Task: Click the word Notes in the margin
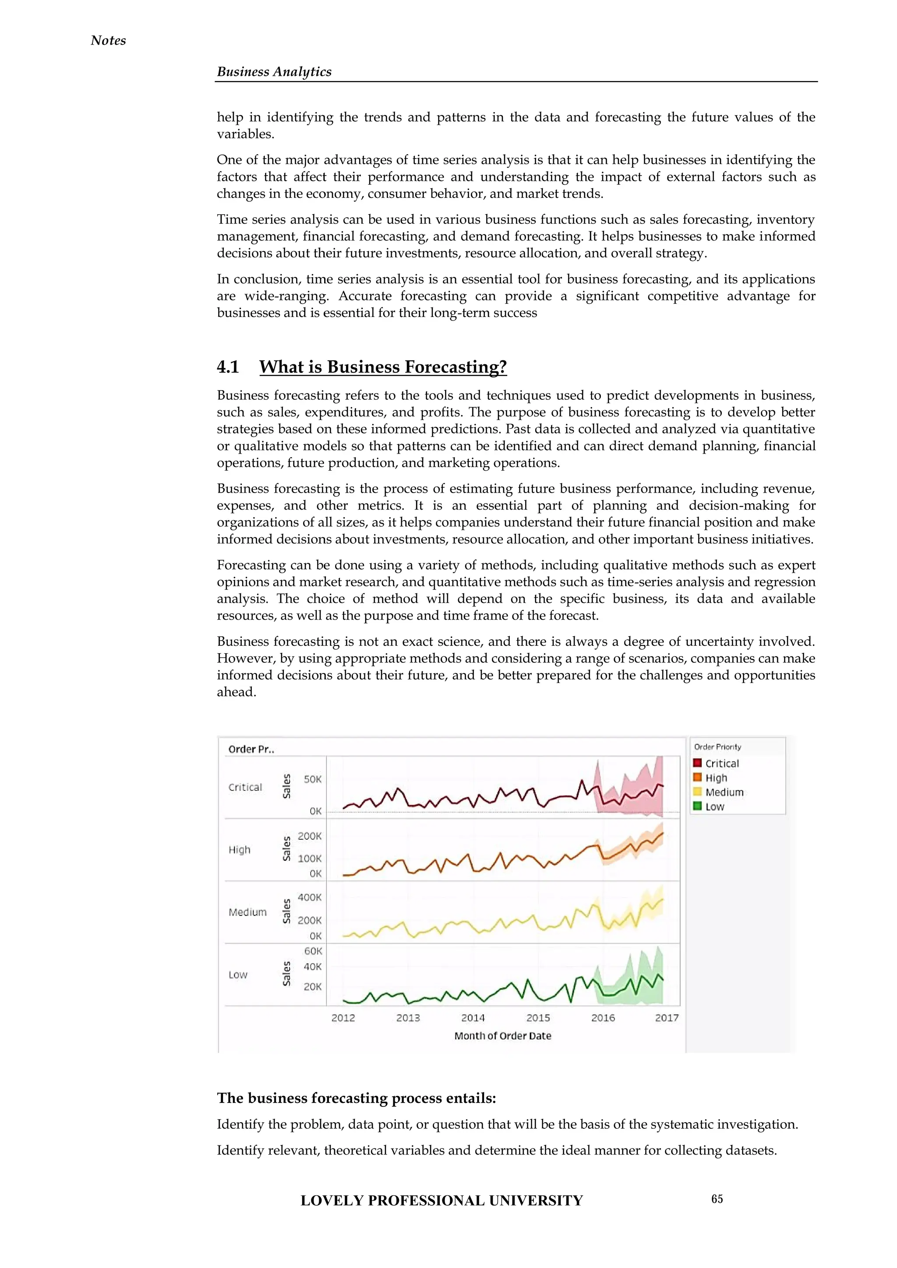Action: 108,40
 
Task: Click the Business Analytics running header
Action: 274,72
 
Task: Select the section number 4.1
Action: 228,367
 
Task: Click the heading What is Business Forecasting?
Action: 383,367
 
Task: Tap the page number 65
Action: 717,1199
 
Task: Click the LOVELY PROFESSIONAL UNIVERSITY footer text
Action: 441,1201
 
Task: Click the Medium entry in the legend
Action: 724,792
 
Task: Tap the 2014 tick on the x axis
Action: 473,1018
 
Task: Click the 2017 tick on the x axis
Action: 667,1018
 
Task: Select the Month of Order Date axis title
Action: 503,1036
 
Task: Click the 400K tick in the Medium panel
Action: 309,898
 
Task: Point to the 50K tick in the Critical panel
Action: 312,779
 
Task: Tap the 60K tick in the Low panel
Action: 313,951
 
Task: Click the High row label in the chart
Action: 240,850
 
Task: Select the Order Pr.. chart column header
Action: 251,750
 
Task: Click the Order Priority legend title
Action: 717,747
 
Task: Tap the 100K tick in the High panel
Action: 309,858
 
